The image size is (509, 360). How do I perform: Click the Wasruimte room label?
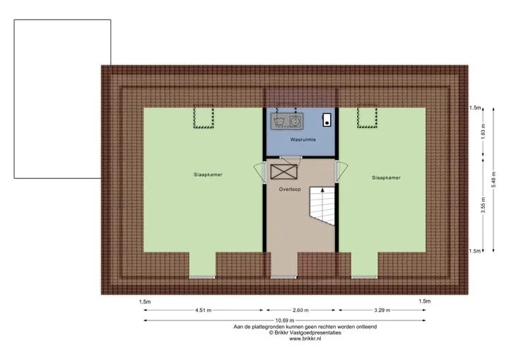pyautogui.click(x=303, y=140)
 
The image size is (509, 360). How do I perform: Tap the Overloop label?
pyautogui.click(x=290, y=189)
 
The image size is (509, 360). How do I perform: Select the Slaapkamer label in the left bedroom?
pyautogui.click(x=208, y=175)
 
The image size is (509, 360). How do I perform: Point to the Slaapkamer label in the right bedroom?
pyautogui.click(x=386, y=178)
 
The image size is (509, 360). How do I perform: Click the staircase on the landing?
pyautogui.click(x=322, y=206)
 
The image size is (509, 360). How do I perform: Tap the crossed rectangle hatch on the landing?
pyautogui.click(x=284, y=172)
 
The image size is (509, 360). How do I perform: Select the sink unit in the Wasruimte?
pyautogui.click(x=287, y=121)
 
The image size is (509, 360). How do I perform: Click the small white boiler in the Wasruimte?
pyautogui.click(x=327, y=120)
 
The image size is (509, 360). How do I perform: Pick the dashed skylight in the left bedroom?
pyautogui.click(x=204, y=117)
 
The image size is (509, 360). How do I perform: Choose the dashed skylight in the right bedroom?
pyautogui.click(x=367, y=117)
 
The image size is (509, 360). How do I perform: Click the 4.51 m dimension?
pyautogui.click(x=203, y=310)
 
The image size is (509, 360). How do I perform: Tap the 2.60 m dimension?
pyautogui.click(x=300, y=310)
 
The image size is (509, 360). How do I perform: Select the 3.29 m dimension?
pyautogui.click(x=382, y=310)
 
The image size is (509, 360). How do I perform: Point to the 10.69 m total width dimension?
pyautogui.click(x=285, y=320)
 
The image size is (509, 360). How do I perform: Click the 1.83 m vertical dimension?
pyautogui.click(x=483, y=132)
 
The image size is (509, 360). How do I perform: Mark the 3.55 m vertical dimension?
pyautogui.click(x=483, y=205)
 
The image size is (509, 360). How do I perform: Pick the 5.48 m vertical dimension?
pyautogui.click(x=493, y=180)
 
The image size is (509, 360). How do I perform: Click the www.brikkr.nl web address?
pyautogui.click(x=305, y=339)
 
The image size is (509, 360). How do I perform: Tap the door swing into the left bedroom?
pyautogui.click(x=259, y=172)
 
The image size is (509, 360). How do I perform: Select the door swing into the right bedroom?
pyautogui.click(x=341, y=172)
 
